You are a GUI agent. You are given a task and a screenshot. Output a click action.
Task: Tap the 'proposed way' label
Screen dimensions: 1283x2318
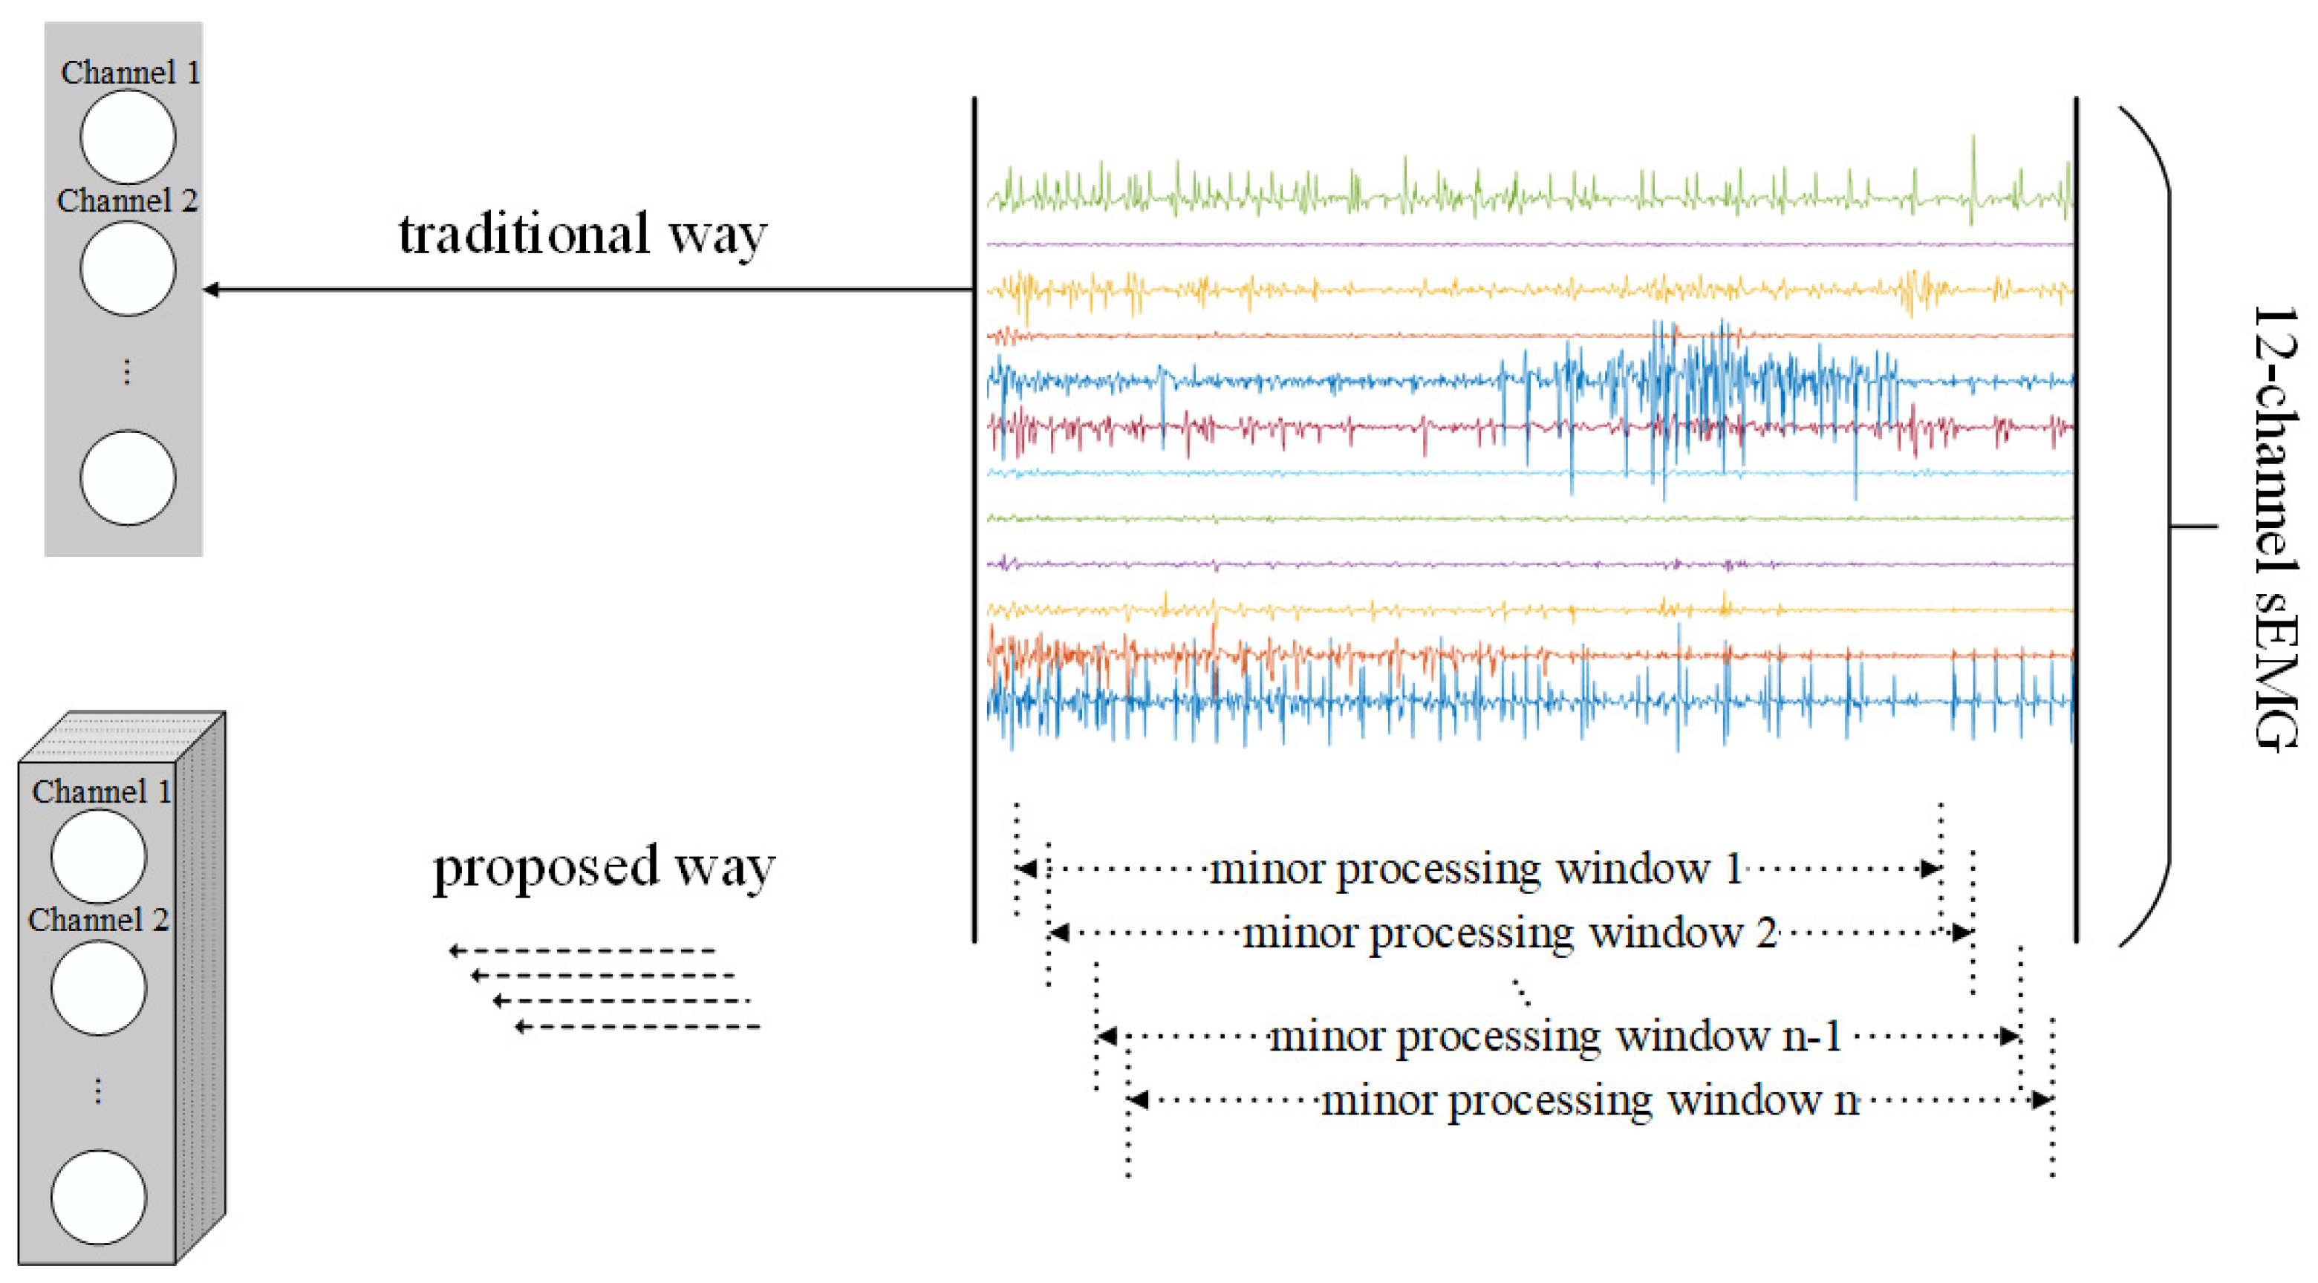tap(603, 867)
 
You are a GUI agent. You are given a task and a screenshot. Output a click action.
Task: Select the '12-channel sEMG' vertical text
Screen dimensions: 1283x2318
tap(2275, 529)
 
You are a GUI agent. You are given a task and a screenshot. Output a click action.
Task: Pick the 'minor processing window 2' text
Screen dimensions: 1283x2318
tap(1510, 933)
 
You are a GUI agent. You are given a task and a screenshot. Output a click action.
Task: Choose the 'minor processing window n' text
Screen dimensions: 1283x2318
tap(1589, 1100)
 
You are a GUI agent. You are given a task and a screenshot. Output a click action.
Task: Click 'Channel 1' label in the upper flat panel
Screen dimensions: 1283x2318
tap(131, 73)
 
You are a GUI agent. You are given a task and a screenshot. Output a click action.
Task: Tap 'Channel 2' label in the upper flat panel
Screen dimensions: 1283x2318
tap(127, 200)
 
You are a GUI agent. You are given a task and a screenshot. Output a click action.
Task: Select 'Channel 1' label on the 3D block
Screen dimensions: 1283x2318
tap(102, 791)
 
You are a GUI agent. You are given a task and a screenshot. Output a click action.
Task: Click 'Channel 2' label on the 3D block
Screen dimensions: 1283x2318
tap(98, 919)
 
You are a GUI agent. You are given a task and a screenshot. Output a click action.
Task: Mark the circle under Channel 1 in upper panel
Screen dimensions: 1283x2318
tap(128, 137)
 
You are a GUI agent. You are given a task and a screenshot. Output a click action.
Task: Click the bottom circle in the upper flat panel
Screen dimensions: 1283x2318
tap(128, 477)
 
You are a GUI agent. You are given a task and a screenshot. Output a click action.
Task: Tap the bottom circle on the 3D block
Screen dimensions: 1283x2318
tap(99, 1198)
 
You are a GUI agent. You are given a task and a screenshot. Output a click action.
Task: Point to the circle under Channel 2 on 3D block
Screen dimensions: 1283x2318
tap(99, 988)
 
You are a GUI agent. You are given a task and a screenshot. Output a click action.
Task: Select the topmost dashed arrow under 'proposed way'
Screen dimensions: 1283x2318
tap(583, 950)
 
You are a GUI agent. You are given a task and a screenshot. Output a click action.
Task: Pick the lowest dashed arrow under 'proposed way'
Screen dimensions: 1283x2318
tap(637, 1027)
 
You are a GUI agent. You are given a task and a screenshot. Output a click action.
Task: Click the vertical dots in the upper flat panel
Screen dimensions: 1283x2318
tap(127, 371)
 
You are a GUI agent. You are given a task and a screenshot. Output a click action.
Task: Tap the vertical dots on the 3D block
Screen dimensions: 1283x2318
tap(98, 1091)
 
